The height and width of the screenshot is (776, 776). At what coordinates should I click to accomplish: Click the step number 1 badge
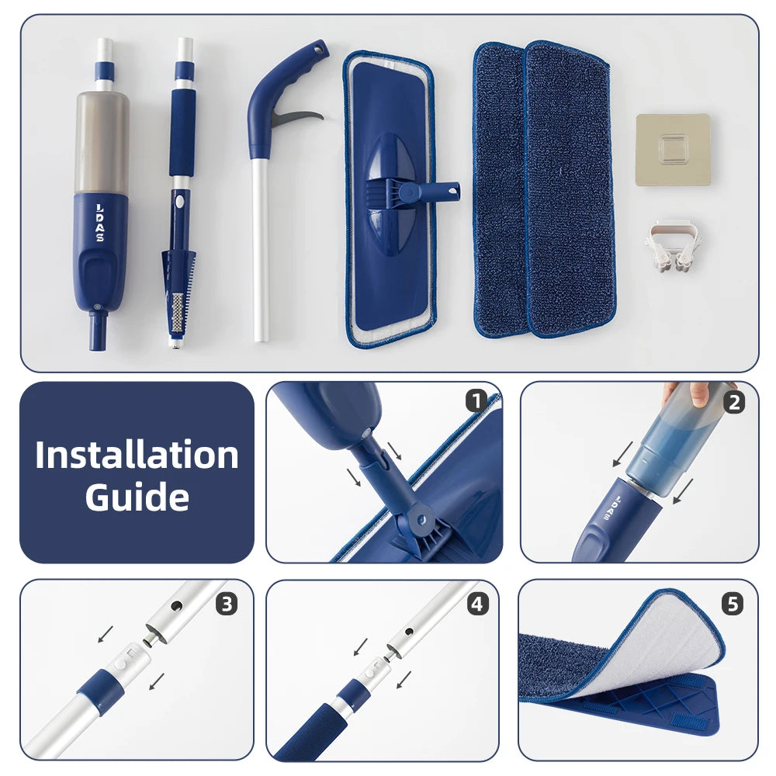pos(476,401)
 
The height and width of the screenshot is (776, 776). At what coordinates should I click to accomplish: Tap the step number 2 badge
pos(734,402)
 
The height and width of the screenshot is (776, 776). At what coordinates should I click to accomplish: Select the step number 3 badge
pos(227,605)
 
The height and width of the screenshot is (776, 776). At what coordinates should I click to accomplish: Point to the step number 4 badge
pos(477,605)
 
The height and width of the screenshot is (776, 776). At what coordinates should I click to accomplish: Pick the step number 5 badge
pos(733,605)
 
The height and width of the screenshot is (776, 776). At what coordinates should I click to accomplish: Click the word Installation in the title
pos(137,454)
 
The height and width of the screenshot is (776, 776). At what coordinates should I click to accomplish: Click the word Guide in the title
pos(137,497)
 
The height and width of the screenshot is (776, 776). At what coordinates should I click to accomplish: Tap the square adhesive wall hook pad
pos(673,150)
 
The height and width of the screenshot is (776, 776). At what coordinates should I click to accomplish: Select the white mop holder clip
pos(673,246)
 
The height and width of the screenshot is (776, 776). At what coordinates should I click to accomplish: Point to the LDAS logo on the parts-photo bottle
pos(99,223)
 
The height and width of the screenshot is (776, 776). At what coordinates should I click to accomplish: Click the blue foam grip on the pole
pos(182,132)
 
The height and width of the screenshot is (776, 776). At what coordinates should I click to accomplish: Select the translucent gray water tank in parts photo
pos(102,142)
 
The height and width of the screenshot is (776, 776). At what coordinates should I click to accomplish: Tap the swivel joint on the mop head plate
pos(412,192)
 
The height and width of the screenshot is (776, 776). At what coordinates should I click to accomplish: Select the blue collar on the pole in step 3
pos(101,691)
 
